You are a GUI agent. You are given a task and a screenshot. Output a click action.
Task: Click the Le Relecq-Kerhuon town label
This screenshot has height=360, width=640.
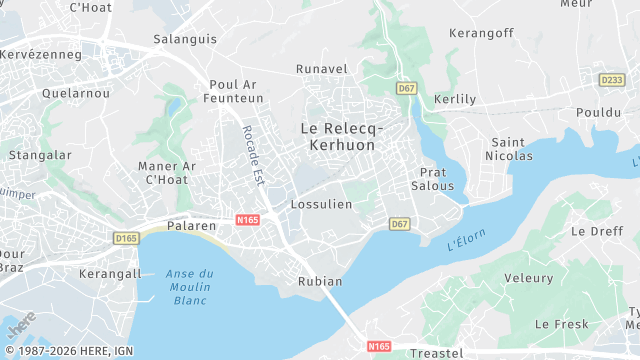click(x=337, y=137)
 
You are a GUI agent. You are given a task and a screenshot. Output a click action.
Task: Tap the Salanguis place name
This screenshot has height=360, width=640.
click(x=185, y=39)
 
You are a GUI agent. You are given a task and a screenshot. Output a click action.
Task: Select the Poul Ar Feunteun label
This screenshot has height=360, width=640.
click(x=236, y=92)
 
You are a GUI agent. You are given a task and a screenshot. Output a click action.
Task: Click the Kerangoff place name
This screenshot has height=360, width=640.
click(x=481, y=33)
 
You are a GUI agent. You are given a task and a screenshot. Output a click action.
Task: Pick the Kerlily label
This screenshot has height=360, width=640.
click(x=455, y=100)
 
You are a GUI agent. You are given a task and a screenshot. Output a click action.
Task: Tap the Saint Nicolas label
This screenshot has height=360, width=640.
click(x=509, y=149)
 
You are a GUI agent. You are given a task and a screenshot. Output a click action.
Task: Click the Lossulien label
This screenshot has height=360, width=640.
click(x=321, y=204)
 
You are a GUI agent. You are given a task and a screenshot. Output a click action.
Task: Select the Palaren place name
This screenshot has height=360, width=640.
click(x=191, y=226)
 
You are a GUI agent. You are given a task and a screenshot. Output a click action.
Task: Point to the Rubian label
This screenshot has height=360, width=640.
click(x=320, y=282)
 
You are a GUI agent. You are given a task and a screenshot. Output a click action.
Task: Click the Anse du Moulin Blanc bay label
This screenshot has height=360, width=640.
click(x=190, y=287)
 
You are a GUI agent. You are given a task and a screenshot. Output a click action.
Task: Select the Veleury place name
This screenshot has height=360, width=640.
click(x=529, y=278)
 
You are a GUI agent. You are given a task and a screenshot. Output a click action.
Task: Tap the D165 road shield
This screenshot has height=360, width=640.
click(x=125, y=238)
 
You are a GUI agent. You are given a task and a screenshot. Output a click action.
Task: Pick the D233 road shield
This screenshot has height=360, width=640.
click(x=611, y=79)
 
